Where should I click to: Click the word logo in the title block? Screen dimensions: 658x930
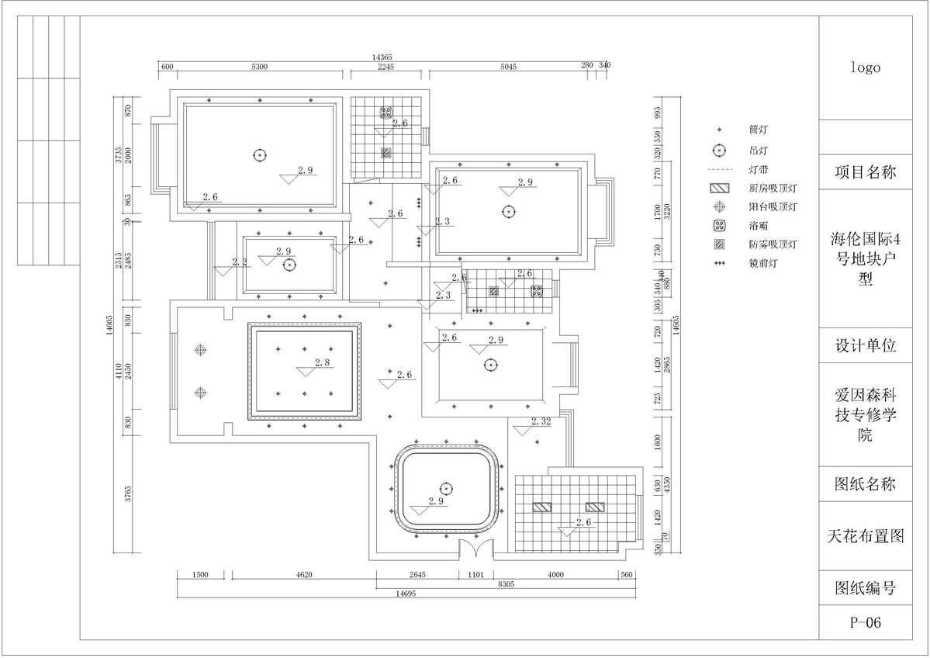(x=865, y=68)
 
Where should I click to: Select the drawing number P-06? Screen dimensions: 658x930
(x=865, y=622)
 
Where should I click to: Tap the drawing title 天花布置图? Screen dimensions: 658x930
(x=865, y=535)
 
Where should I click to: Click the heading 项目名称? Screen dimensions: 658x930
(x=865, y=172)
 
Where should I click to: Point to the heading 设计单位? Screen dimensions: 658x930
(x=865, y=346)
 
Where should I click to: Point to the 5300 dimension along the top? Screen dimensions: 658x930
(x=259, y=68)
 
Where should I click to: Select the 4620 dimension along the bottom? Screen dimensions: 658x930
(x=303, y=575)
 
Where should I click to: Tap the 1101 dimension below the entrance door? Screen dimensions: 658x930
(x=475, y=575)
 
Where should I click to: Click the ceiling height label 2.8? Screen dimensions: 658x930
(x=323, y=362)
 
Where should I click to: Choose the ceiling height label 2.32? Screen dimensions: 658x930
(x=541, y=422)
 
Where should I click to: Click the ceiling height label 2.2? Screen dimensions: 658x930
(x=240, y=262)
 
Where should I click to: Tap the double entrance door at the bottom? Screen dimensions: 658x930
(x=475, y=548)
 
